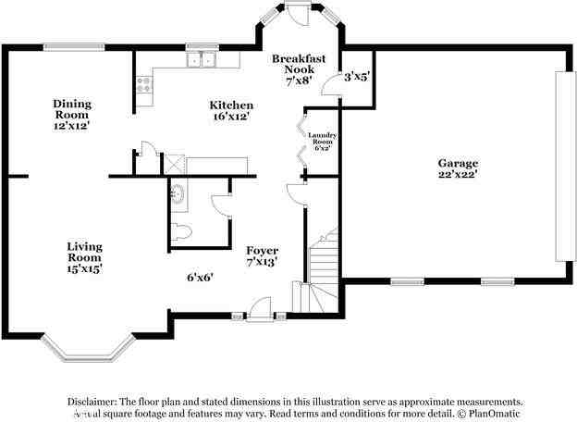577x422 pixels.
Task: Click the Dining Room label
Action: (71, 115)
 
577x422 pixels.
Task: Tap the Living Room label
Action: (83, 256)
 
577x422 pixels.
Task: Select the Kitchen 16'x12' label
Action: (230, 111)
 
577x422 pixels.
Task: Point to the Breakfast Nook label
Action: (299, 69)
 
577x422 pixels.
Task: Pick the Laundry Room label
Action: (322, 141)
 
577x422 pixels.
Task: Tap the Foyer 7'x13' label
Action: (262, 256)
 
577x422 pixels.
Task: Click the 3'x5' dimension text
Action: (357, 78)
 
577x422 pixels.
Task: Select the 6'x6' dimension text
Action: (200, 277)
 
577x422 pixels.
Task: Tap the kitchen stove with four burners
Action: (143, 85)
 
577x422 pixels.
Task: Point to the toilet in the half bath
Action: (180, 231)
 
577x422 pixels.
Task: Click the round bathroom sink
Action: (178, 194)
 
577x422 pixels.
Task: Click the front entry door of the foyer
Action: (261, 308)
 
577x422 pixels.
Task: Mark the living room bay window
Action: (85, 349)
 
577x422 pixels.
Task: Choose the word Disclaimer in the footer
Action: (96, 402)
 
